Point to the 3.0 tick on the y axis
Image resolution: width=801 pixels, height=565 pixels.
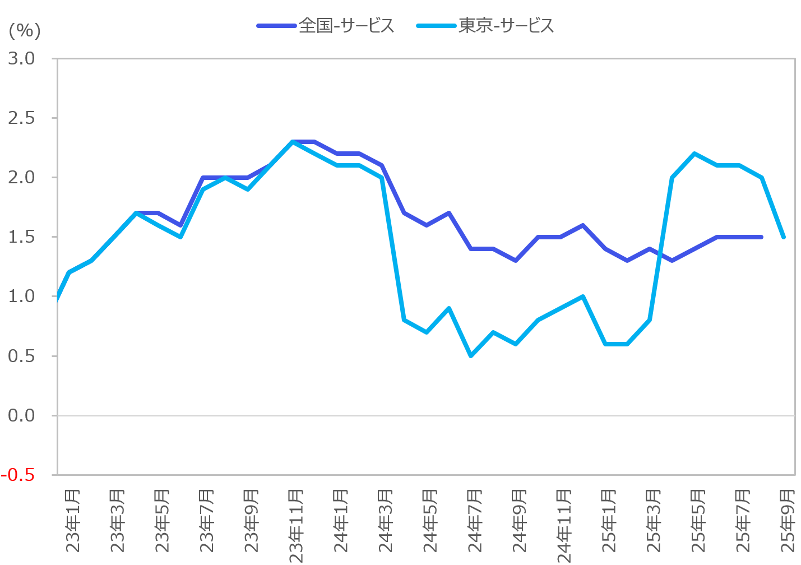[21, 58]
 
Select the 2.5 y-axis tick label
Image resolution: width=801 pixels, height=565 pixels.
[21, 118]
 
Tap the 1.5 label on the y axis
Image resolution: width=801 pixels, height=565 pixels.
[21, 237]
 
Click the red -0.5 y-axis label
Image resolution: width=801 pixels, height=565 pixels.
[18, 475]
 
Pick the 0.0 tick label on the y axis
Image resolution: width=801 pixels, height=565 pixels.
[21, 415]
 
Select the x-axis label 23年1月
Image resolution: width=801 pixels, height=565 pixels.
[73, 521]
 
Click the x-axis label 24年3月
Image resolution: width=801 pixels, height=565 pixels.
[386, 521]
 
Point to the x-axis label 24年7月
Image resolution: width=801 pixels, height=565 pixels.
[475, 521]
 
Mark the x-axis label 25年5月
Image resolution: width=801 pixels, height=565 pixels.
[698, 521]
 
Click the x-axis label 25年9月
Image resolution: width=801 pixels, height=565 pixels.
[788, 521]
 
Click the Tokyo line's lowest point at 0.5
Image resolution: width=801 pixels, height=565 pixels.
[471, 356]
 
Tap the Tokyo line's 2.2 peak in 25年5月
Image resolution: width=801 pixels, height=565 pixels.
[694, 154]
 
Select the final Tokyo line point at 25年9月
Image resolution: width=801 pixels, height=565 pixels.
[784, 237]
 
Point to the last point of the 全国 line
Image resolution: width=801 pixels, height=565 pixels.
[761, 237]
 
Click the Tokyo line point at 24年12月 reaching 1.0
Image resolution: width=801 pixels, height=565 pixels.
[583, 297]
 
